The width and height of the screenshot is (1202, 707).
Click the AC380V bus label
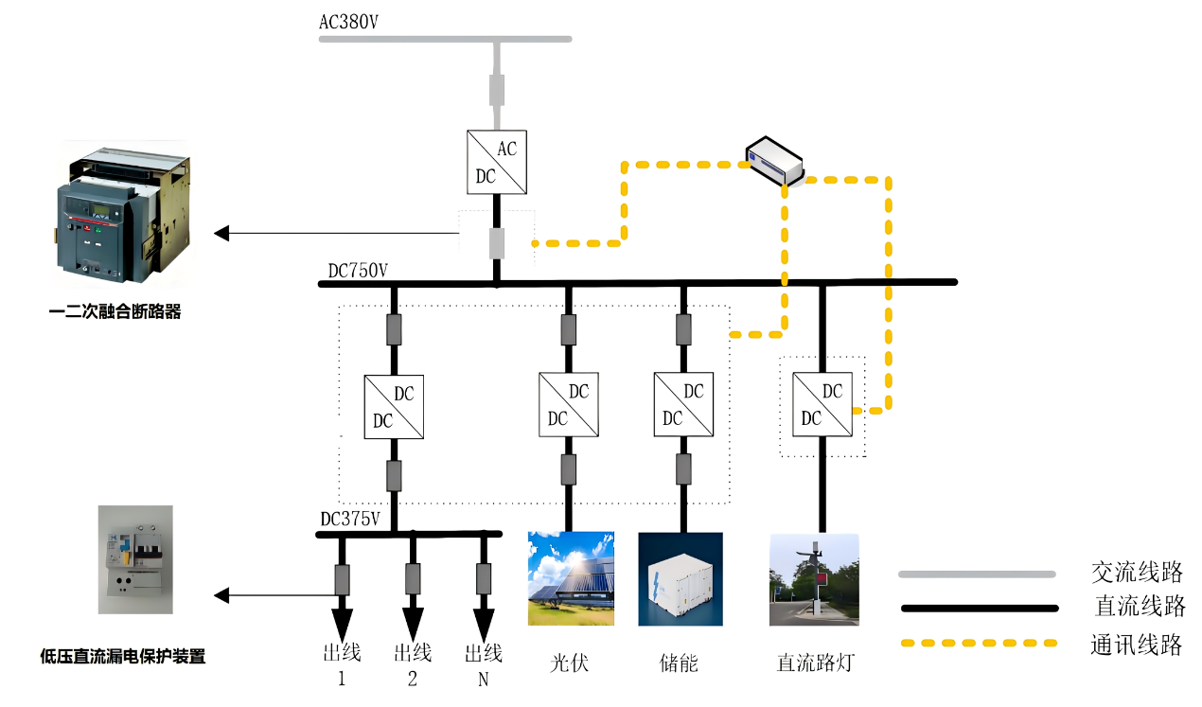coord(348,22)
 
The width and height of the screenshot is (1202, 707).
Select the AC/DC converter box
coord(497,163)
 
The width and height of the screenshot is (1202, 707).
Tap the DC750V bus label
coord(358,271)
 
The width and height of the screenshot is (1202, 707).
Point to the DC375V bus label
coord(350,519)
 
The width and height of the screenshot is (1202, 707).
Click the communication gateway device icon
coord(774,159)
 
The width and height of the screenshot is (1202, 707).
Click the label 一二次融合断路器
coord(115,310)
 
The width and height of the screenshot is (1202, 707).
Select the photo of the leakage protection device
coord(135,559)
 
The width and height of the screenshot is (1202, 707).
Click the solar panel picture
coord(571,578)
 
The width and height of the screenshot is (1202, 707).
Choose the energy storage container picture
coord(680,578)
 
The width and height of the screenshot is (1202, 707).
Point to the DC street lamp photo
coord(814,578)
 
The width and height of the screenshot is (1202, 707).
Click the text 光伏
coord(570,663)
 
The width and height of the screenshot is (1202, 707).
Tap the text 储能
coord(679,663)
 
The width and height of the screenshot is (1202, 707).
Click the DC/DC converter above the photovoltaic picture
coord(569,404)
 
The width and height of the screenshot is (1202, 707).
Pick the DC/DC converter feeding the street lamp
coord(822,404)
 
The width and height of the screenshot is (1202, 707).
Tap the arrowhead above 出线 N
coord(484,624)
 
